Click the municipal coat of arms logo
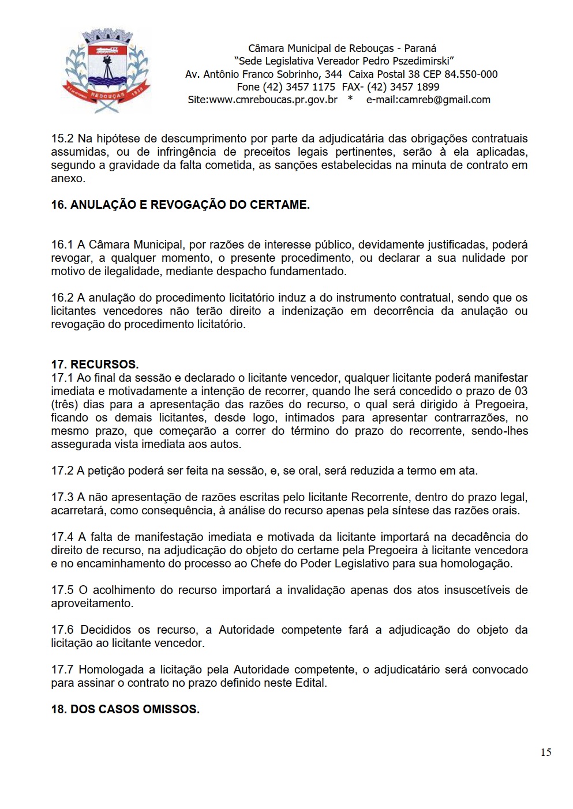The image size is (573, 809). click(x=106, y=70)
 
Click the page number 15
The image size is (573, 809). click(x=545, y=752)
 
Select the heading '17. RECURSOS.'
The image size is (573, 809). click(x=95, y=364)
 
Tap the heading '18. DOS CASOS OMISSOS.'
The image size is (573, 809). click(x=125, y=709)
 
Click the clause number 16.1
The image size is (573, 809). click(x=62, y=244)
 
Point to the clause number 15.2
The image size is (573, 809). click(x=62, y=138)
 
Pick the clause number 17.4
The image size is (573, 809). click(x=62, y=537)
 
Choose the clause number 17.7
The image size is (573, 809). click(x=62, y=669)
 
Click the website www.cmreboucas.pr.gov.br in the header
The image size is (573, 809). click(x=273, y=100)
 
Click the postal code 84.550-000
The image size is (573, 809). click(x=470, y=74)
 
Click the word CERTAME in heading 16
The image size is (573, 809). click(x=279, y=205)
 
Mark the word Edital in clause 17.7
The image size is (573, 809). click(x=310, y=683)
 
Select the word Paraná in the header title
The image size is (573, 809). click(x=420, y=48)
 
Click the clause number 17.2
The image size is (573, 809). click(x=62, y=471)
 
